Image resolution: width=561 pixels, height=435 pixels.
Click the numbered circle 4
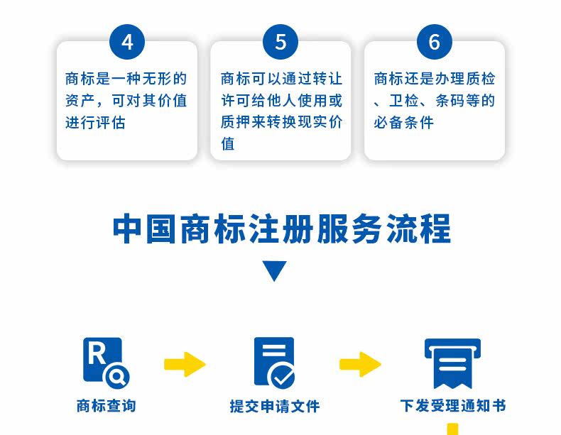pyautogui.click(x=127, y=43)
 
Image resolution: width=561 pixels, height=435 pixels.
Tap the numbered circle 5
pyautogui.click(x=280, y=43)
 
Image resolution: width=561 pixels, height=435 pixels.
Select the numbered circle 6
pyautogui.click(x=434, y=43)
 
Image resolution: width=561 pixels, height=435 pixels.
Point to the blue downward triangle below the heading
pyautogui.click(x=274, y=270)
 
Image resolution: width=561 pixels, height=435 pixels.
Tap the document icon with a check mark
pyautogui.click(x=274, y=363)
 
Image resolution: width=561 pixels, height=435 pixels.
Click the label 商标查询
pyautogui.click(x=106, y=406)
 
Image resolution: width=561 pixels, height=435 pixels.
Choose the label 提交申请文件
pyautogui.click(x=274, y=406)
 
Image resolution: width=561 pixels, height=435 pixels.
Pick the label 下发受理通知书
pyautogui.click(x=452, y=406)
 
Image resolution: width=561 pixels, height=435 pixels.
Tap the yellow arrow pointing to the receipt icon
pyautogui.click(x=360, y=364)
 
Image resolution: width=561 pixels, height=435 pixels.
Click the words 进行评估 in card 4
pyautogui.click(x=95, y=122)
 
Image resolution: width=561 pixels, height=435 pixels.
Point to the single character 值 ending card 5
pyautogui.click(x=227, y=144)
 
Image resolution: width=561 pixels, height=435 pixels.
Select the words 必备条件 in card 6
pyautogui.click(x=403, y=122)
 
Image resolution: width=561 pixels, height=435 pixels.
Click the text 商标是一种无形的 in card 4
pyautogui.click(x=126, y=78)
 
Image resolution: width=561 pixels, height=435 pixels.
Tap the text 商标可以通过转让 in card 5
pyautogui.click(x=281, y=78)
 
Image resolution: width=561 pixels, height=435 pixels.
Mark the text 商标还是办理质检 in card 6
pyautogui.click(x=434, y=78)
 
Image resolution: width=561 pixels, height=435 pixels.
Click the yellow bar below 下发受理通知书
pyautogui.click(x=452, y=429)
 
